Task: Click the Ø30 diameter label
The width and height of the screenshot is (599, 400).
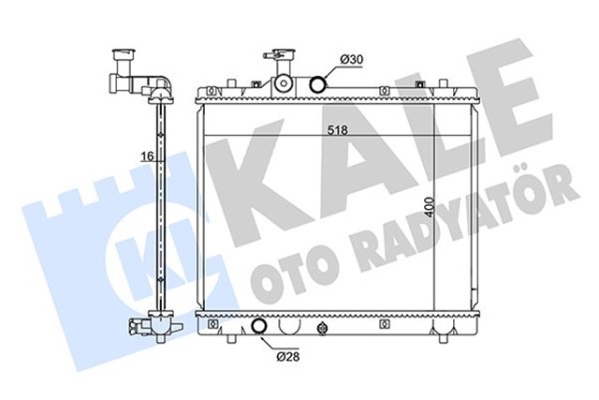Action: tap(351, 60)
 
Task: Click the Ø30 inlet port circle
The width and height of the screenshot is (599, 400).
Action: tap(318, 84)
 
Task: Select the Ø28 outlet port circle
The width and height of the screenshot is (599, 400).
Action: tap(261, 328)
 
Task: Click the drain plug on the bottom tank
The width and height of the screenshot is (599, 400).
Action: tap(324, 329)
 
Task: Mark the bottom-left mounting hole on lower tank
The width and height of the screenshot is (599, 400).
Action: tap(216, 328)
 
